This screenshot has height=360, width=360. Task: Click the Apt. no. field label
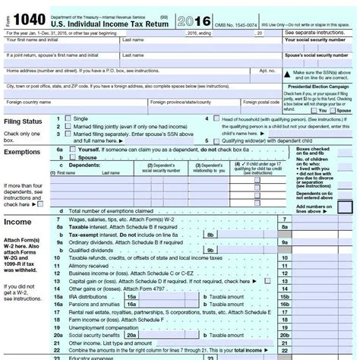[x=265, y=69]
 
